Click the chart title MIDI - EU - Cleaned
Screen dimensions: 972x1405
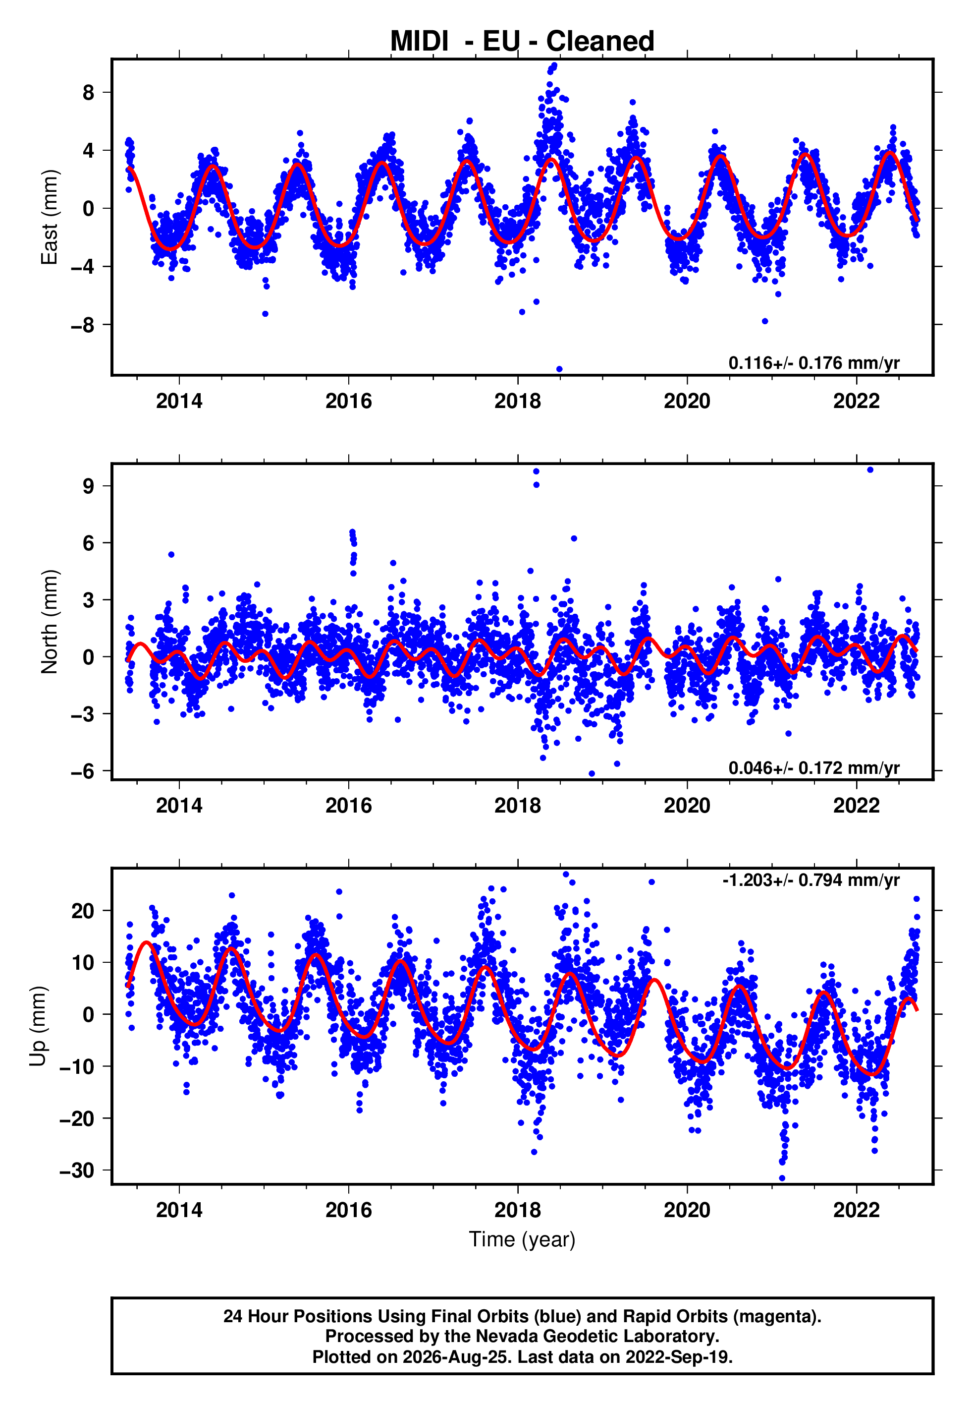522,42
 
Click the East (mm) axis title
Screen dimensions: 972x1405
49,217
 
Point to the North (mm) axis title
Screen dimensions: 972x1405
49,622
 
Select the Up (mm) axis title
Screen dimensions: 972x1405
38,1026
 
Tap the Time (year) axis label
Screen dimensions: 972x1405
522,1240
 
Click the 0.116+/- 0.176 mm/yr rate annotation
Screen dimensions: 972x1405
813,363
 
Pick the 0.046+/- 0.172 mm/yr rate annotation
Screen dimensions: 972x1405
813,767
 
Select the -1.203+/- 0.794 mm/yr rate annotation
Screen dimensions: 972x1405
810,880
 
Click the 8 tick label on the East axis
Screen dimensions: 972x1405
89,93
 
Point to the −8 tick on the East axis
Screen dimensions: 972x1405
82,325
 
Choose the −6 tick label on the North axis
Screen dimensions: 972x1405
82,771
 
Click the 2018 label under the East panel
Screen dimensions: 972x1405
518,401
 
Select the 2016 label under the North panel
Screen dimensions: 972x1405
348,806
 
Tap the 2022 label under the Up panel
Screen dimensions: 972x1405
856,1210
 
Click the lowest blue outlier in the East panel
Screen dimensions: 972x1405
559,369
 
